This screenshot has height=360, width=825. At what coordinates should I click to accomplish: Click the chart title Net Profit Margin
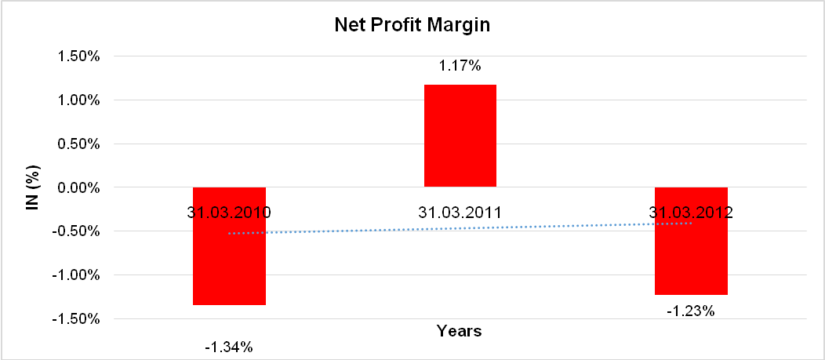point(412,25)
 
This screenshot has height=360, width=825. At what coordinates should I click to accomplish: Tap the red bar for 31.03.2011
point(460,135)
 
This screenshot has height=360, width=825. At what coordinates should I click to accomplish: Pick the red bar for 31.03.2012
point(691,259)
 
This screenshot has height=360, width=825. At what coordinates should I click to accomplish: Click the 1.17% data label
point(460,67)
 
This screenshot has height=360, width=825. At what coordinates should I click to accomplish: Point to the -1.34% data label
point(229,346)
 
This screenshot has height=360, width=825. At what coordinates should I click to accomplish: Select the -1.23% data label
point(691,311)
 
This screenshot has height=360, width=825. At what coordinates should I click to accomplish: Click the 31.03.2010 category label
point(229,212)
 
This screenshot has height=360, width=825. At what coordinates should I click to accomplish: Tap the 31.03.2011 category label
point(460,212)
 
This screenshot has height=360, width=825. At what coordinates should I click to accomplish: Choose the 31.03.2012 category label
point(691,212)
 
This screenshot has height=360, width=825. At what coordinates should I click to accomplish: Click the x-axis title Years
point(460,330)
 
